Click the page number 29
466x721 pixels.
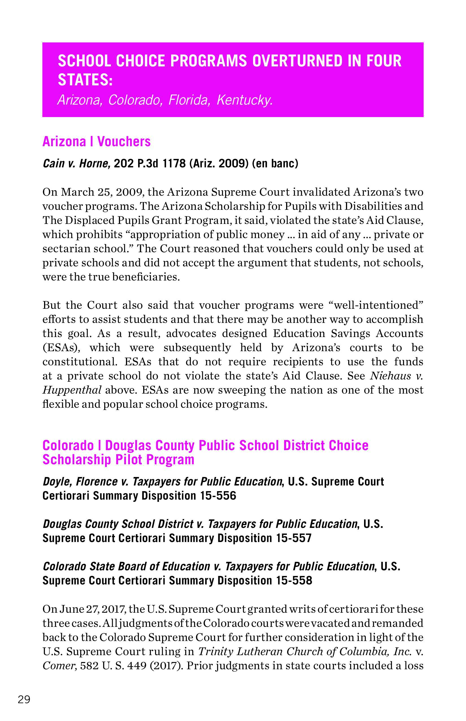tap(24, 700)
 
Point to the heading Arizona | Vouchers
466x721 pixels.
tap(97, 141)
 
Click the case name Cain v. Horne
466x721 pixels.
tap(77, 164)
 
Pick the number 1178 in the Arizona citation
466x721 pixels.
tap(174, 164)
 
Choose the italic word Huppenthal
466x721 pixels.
tap(72, 390)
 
